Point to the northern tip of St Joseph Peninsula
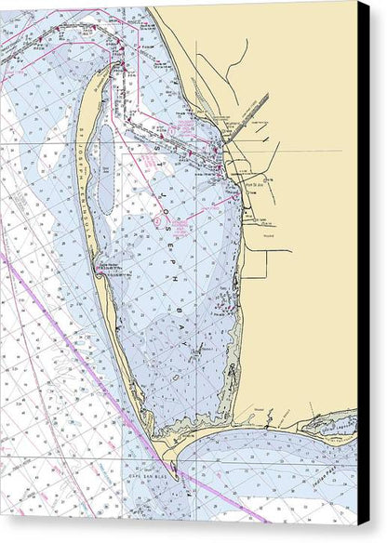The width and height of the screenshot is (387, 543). tap(113, 68)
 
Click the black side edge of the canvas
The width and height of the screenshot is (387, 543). tap(363, 279)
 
